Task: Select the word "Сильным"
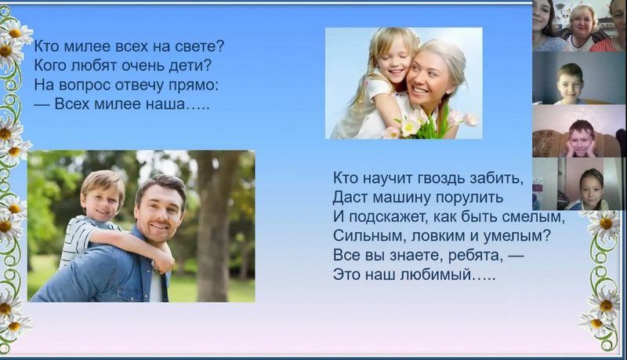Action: (364, 236)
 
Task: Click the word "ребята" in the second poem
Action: (475, 256)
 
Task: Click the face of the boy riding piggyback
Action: (102, 202)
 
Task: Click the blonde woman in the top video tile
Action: (582, 29)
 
